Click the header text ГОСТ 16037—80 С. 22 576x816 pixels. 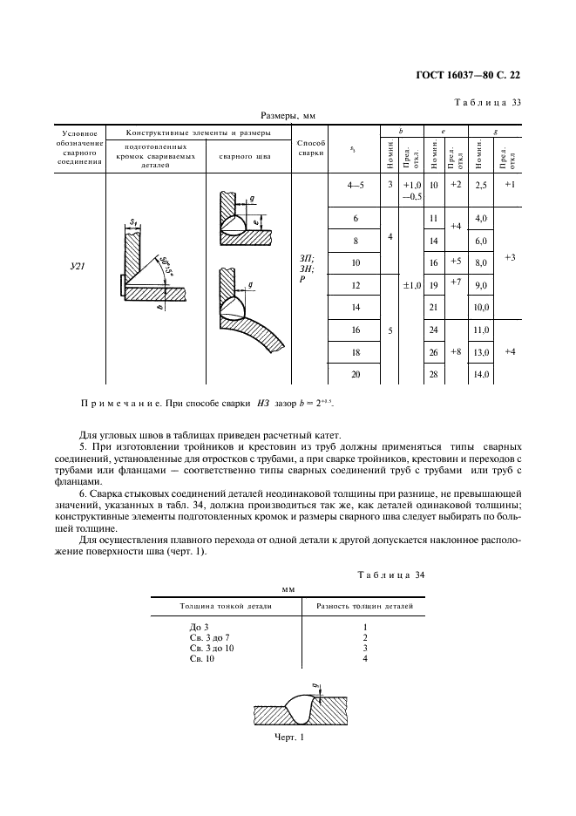pyautogui.click(x=471, y=76)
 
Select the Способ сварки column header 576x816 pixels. pyautogui.click(x=311, y=147)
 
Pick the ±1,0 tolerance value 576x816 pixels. pyautogui.click(x=412, y=285)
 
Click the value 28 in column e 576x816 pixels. pyautogui.click(x=434, y=374)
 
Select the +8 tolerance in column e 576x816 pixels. pyautogui.click(x=455, y=351)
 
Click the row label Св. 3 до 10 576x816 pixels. pyautogui.click(x=211, y=649)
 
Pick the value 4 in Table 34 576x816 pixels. pyautogui.click(x=365, y=659)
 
